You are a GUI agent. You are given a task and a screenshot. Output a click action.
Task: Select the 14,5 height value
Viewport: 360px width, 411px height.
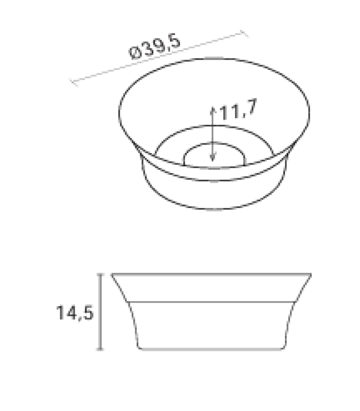point(75,313)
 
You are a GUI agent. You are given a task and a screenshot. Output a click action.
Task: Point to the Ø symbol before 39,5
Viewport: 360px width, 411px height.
point(135,54)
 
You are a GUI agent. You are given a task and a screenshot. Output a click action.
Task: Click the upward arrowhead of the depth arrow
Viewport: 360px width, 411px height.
point(212,108)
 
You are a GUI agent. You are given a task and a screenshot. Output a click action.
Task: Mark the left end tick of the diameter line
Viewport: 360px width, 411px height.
point(74,82)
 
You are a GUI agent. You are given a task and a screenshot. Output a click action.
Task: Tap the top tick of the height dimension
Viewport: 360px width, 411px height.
point(101,274)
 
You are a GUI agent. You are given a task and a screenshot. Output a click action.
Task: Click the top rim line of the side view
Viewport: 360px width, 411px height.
point(211,274)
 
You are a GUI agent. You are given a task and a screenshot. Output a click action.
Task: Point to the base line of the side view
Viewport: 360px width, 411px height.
point(211,350)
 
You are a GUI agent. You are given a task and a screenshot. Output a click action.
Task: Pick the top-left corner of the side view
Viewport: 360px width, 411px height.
point(112,274)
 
